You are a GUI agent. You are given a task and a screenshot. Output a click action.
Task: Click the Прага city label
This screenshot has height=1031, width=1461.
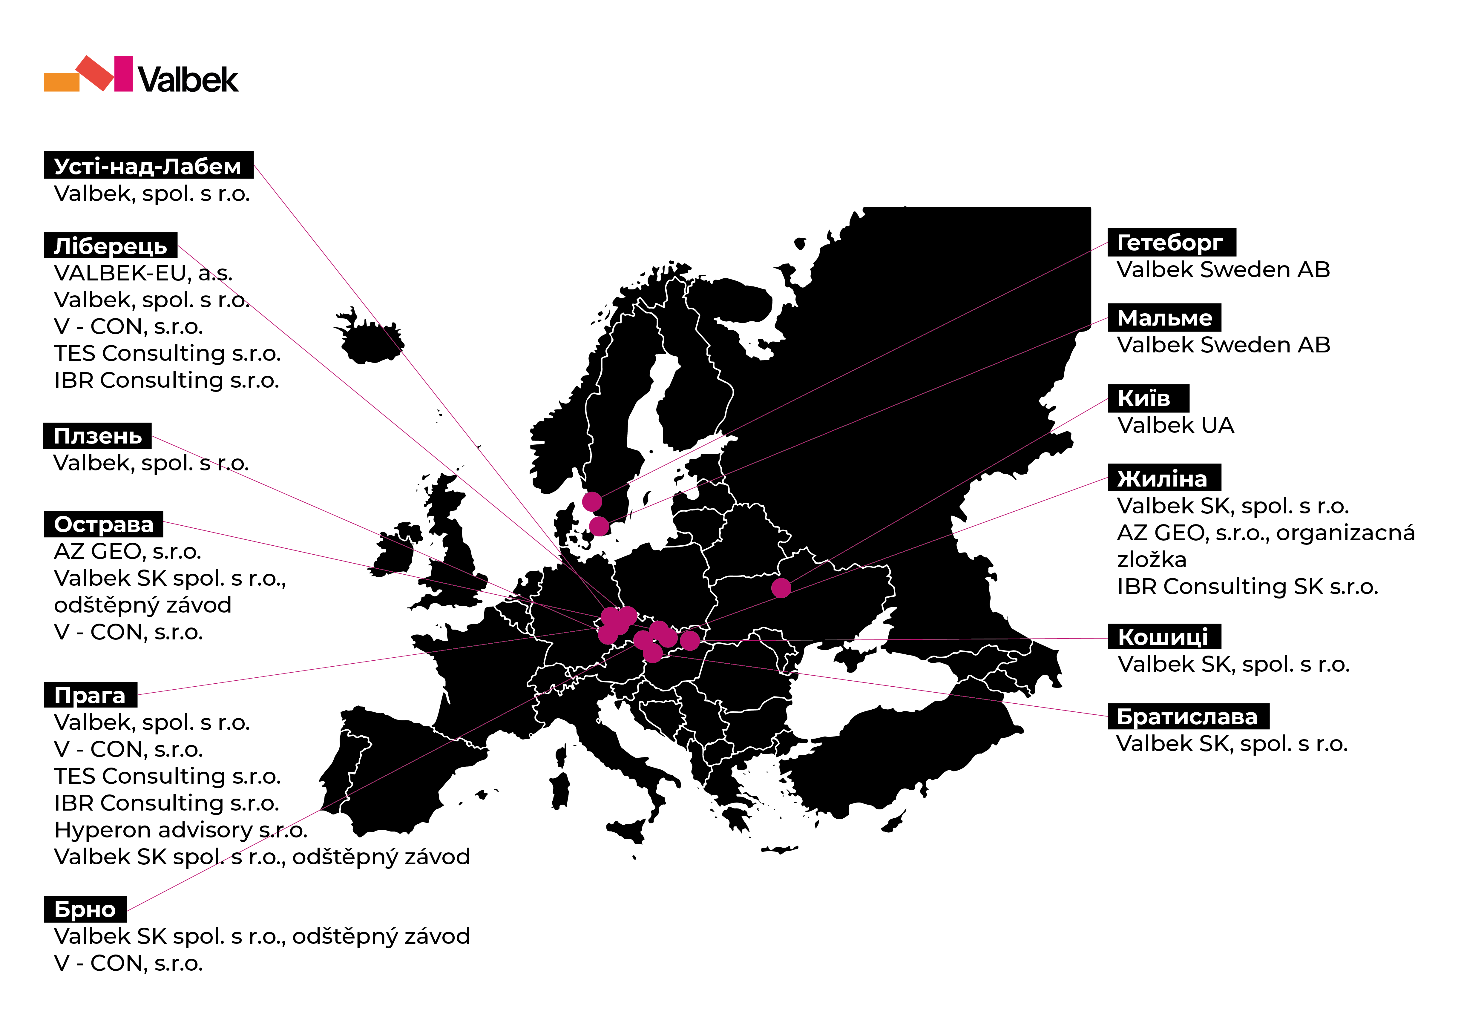tap(90, 695)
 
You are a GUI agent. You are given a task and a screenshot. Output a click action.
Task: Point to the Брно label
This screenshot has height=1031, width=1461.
tap(85, 909)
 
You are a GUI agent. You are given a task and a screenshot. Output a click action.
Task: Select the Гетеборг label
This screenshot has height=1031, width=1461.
tap(1172, 243)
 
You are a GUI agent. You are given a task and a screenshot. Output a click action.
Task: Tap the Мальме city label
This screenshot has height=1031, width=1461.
tap(1164, 317)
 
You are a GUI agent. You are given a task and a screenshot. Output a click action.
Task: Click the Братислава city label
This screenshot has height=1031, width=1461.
tap(1188, 717)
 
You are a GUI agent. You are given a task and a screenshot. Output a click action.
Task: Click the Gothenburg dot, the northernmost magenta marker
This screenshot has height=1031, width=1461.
tap(592, 501)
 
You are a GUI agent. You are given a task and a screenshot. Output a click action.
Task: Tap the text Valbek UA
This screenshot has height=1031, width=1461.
tap(1175, 425)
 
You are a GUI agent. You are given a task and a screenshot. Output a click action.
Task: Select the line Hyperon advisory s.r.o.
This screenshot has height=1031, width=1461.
tap(181, 830)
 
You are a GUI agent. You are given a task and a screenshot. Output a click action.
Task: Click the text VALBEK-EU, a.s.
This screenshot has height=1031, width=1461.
tap(143, 273)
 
